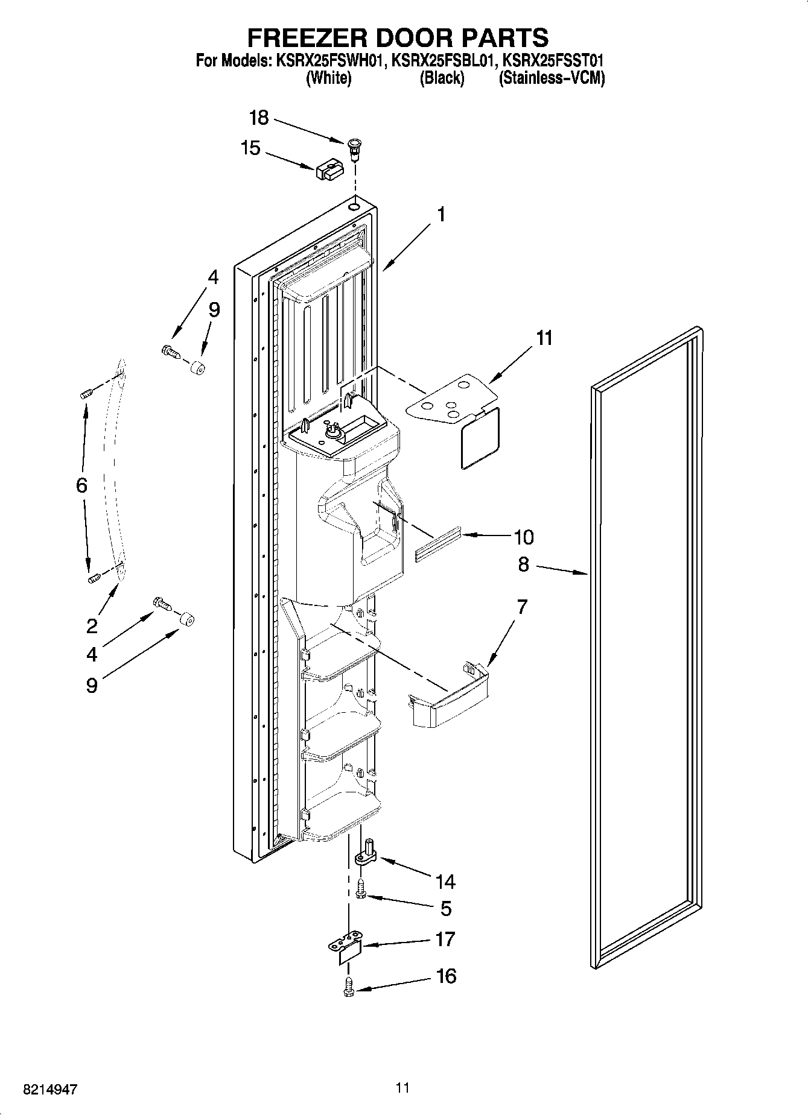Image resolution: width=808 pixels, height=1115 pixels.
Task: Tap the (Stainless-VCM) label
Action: click(x=552, y=78)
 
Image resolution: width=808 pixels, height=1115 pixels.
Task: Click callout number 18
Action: click(x=259, y=118)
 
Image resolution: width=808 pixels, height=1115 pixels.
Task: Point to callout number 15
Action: click(x=250, y=148)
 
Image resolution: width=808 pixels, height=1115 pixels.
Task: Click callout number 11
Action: click(x=544, y=338)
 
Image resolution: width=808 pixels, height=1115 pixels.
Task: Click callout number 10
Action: click(x=524, y=537)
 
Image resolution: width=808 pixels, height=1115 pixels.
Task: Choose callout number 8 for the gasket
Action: click(x=523, y=564)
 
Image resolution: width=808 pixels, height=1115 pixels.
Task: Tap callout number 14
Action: click(x=445, y=882)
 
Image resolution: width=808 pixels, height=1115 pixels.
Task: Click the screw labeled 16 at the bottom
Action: click(x=349, y=987)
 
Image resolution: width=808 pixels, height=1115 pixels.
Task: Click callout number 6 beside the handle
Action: click(x=82, y=485)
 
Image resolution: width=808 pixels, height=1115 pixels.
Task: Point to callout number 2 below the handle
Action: click(x=92, y=626)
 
